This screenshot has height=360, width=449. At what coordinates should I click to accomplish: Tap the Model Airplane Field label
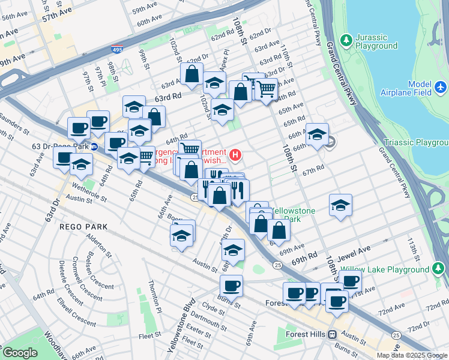[x=406, y=88]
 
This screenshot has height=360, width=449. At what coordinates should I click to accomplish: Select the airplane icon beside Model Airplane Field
[x=441, y=88]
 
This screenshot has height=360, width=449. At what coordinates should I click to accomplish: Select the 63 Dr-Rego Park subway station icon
[x=94, y=146]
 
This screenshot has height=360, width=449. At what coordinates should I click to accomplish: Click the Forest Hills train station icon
[x=331, y=334]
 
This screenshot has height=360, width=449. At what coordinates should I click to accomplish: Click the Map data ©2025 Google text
[x=412, y=355]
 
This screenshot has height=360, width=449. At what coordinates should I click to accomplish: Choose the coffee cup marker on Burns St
[x=231, y=285]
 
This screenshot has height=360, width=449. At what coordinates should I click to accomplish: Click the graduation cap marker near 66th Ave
[x=317, y=134]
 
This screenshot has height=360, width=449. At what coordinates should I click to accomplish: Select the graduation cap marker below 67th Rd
[x=340, y=205]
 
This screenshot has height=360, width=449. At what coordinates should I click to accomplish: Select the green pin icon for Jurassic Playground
[x=346, y=40]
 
